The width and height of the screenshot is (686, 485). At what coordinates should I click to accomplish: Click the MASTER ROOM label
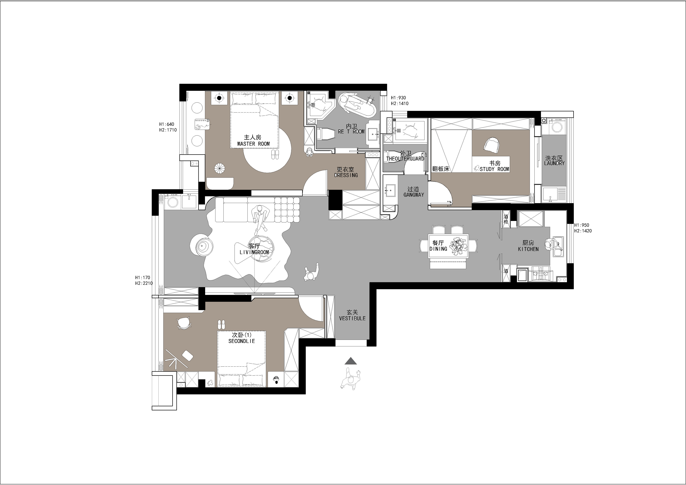pyautogui.click(x=253, y=144)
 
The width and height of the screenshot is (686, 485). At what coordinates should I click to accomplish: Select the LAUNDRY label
pyautogui.click(x=554, y=163)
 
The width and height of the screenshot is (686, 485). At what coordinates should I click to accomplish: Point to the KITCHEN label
pyautogui.click(x=528, y=249)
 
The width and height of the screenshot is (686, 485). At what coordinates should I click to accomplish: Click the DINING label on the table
pyautogui.click(x=438, y=249)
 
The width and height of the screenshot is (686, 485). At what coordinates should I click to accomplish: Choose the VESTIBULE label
pyautogui.click(x=352, y=318)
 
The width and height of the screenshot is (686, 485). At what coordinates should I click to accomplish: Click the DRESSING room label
pyautogui.click(x=346, y=175)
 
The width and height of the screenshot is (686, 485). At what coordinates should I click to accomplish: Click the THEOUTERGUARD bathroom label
pyautogui.click(x=405, y=159)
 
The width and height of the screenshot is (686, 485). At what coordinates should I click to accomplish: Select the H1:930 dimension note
pyautogui.click(x=398, y=98)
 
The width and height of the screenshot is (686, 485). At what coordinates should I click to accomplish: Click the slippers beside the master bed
pyautogui.click(x=275, y=154)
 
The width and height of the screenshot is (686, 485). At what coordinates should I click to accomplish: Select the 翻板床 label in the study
pyautogui.click(x=440, y=169)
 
